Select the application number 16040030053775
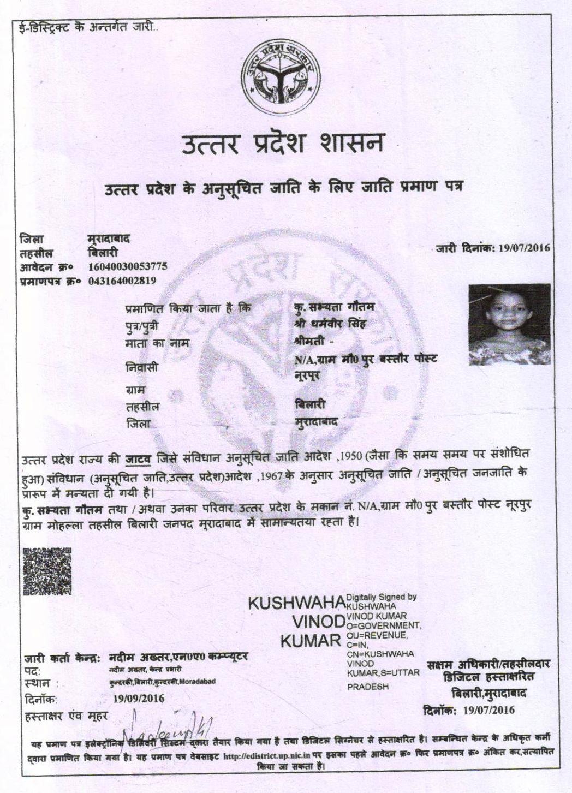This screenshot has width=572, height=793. pos(128,267)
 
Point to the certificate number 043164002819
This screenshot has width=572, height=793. pos(122,281)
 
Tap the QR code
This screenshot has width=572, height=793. pos(47,570)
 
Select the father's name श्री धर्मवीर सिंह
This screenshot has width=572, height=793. pos(329,324)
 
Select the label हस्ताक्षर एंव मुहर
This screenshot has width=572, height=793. pos(66,716)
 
